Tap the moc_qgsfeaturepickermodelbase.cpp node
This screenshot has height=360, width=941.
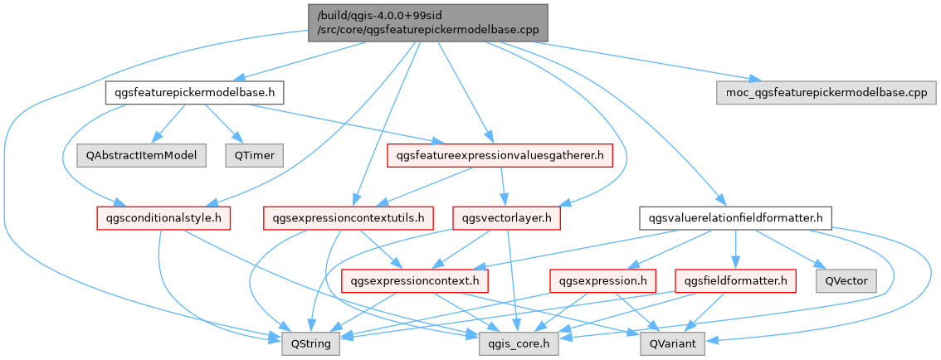[821, 92]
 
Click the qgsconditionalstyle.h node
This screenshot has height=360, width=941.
[162, 218]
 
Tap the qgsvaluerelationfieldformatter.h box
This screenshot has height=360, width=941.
[735, 218]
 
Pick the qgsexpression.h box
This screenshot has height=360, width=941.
[597, 281]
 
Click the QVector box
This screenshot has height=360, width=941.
[845, 281]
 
